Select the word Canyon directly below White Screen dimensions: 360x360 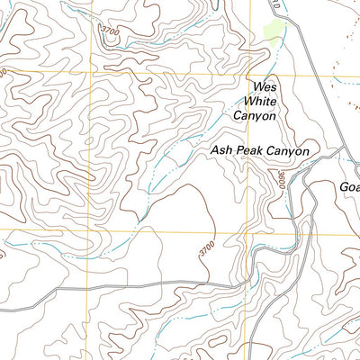tap(256, 115)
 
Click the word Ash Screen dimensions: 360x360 tap(223, 152)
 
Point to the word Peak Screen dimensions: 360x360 tap(253, 152)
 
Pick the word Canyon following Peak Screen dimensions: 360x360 tap(289, 152)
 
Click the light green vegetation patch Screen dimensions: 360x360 tap(273, 31)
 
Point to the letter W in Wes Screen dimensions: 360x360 tap(256, 87)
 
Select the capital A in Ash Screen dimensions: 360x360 tap(216, 152)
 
